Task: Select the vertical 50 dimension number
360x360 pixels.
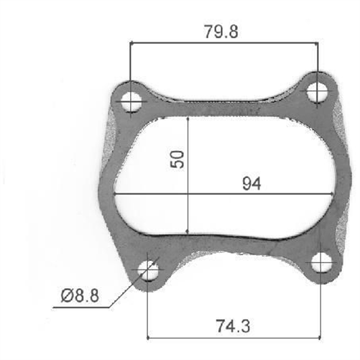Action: point(179,158)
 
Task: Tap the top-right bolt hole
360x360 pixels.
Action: point(318,91)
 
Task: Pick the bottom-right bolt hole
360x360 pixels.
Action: point(320,263)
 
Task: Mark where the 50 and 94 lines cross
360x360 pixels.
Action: point(188,194)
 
